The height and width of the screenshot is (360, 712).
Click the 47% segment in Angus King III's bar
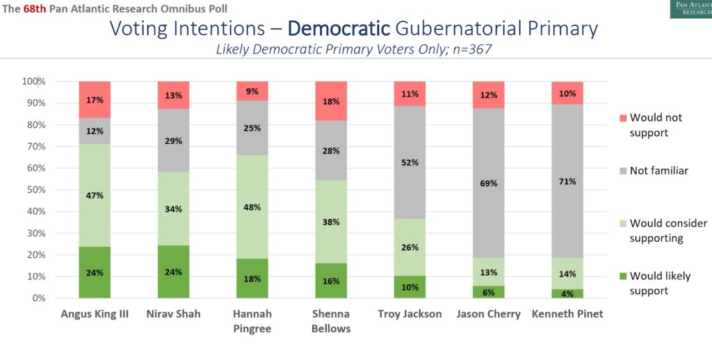(95, 195)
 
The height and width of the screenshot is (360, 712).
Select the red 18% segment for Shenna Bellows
(331, 101)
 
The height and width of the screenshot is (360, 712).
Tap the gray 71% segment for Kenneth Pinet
(567, 181)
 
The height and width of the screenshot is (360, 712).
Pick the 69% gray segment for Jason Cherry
(489, 183)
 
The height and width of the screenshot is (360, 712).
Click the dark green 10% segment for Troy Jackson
(410, 287)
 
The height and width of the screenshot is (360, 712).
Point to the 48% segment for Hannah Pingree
(252, 207)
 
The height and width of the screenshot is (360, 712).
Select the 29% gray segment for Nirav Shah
(173, 140)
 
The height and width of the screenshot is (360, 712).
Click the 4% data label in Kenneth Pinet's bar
(567, 293)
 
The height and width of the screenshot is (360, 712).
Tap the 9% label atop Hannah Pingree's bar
(252, 91)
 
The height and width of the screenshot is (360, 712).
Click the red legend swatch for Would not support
(623, 118)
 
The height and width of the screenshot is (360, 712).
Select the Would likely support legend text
(661, 284)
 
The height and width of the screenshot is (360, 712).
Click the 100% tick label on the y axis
(33, 82)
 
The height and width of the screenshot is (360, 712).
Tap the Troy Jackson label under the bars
(410, 314)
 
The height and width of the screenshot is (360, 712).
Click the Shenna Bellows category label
(331, 321)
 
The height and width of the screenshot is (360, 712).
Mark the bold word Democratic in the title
(339, 28)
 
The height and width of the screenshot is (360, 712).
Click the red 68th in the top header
(35, 8)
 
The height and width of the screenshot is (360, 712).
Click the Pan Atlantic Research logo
(691, 9)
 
